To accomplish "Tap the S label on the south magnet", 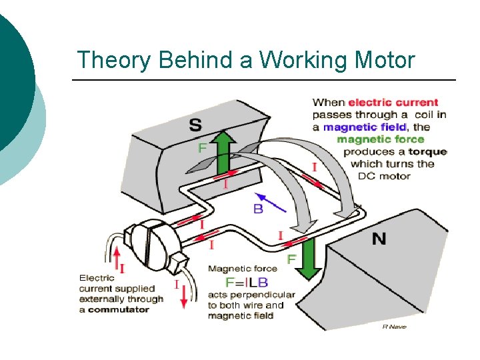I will [197, 125].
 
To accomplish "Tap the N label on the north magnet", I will [379, 238].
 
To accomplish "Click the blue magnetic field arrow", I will [271, 201].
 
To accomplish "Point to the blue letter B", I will [258, 209].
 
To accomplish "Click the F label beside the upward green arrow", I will [202, 148].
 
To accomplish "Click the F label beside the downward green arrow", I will [291, 259].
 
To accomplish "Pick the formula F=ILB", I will [238, 282].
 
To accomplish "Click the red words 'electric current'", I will [393, 103].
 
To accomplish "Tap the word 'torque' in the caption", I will [428, 151].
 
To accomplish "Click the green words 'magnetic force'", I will [380, 139].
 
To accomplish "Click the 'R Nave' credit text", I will [394, 326].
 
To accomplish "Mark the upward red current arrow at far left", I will [117, 259].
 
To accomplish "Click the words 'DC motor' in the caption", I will [384, 176].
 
